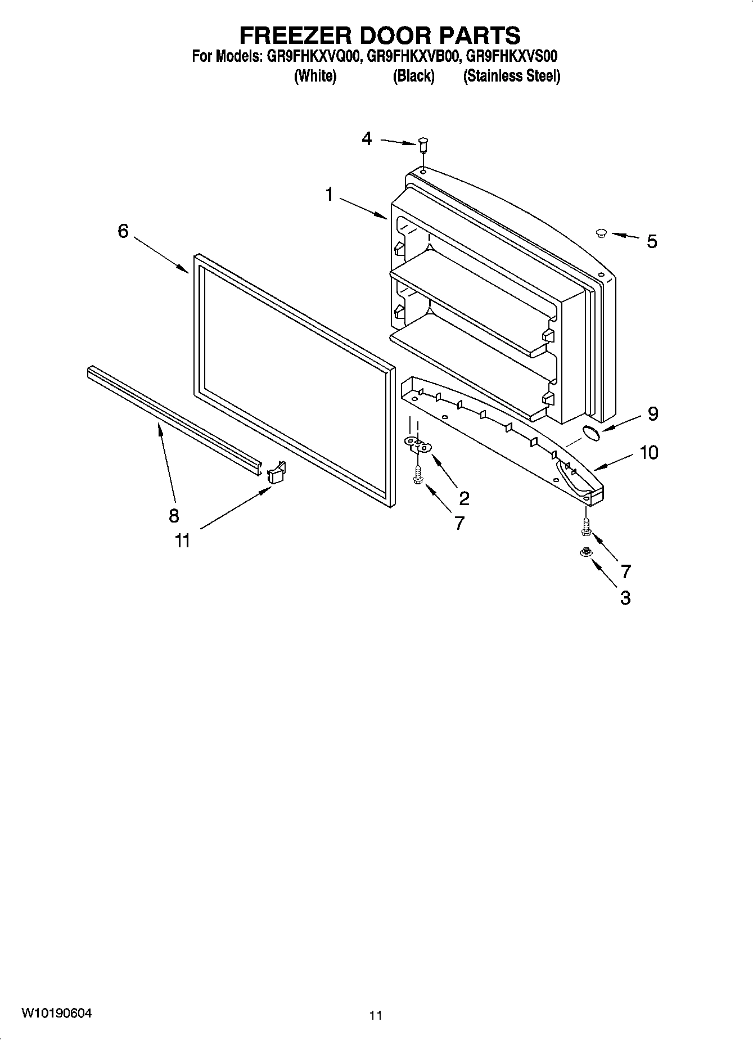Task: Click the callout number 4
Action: pyautogui.click(x=367, y=138)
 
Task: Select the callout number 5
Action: pyautogui.click(x=651, y=241)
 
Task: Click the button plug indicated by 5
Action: pyautogui.click(x=601, y=232)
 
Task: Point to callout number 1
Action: pyautogui.click(x=330, y=195)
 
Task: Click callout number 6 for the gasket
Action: pyautogui.click(x=123, y=231)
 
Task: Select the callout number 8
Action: pyautogui.click(x=174, y=515)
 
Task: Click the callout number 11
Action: pyautogui.click(x=182, y=541)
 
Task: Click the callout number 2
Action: pyautogui.click(x=464, y=498)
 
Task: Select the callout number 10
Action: pyautogui.click(x=649, y=452)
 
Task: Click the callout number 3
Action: pyautogui.click(x=625, y=597)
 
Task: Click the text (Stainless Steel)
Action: pyautogui.click(x=511, y=76)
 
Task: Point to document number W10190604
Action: pyautogui.click(x=57, y=1013)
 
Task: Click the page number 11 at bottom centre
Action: pyautogui.click(x=376, y=1015)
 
